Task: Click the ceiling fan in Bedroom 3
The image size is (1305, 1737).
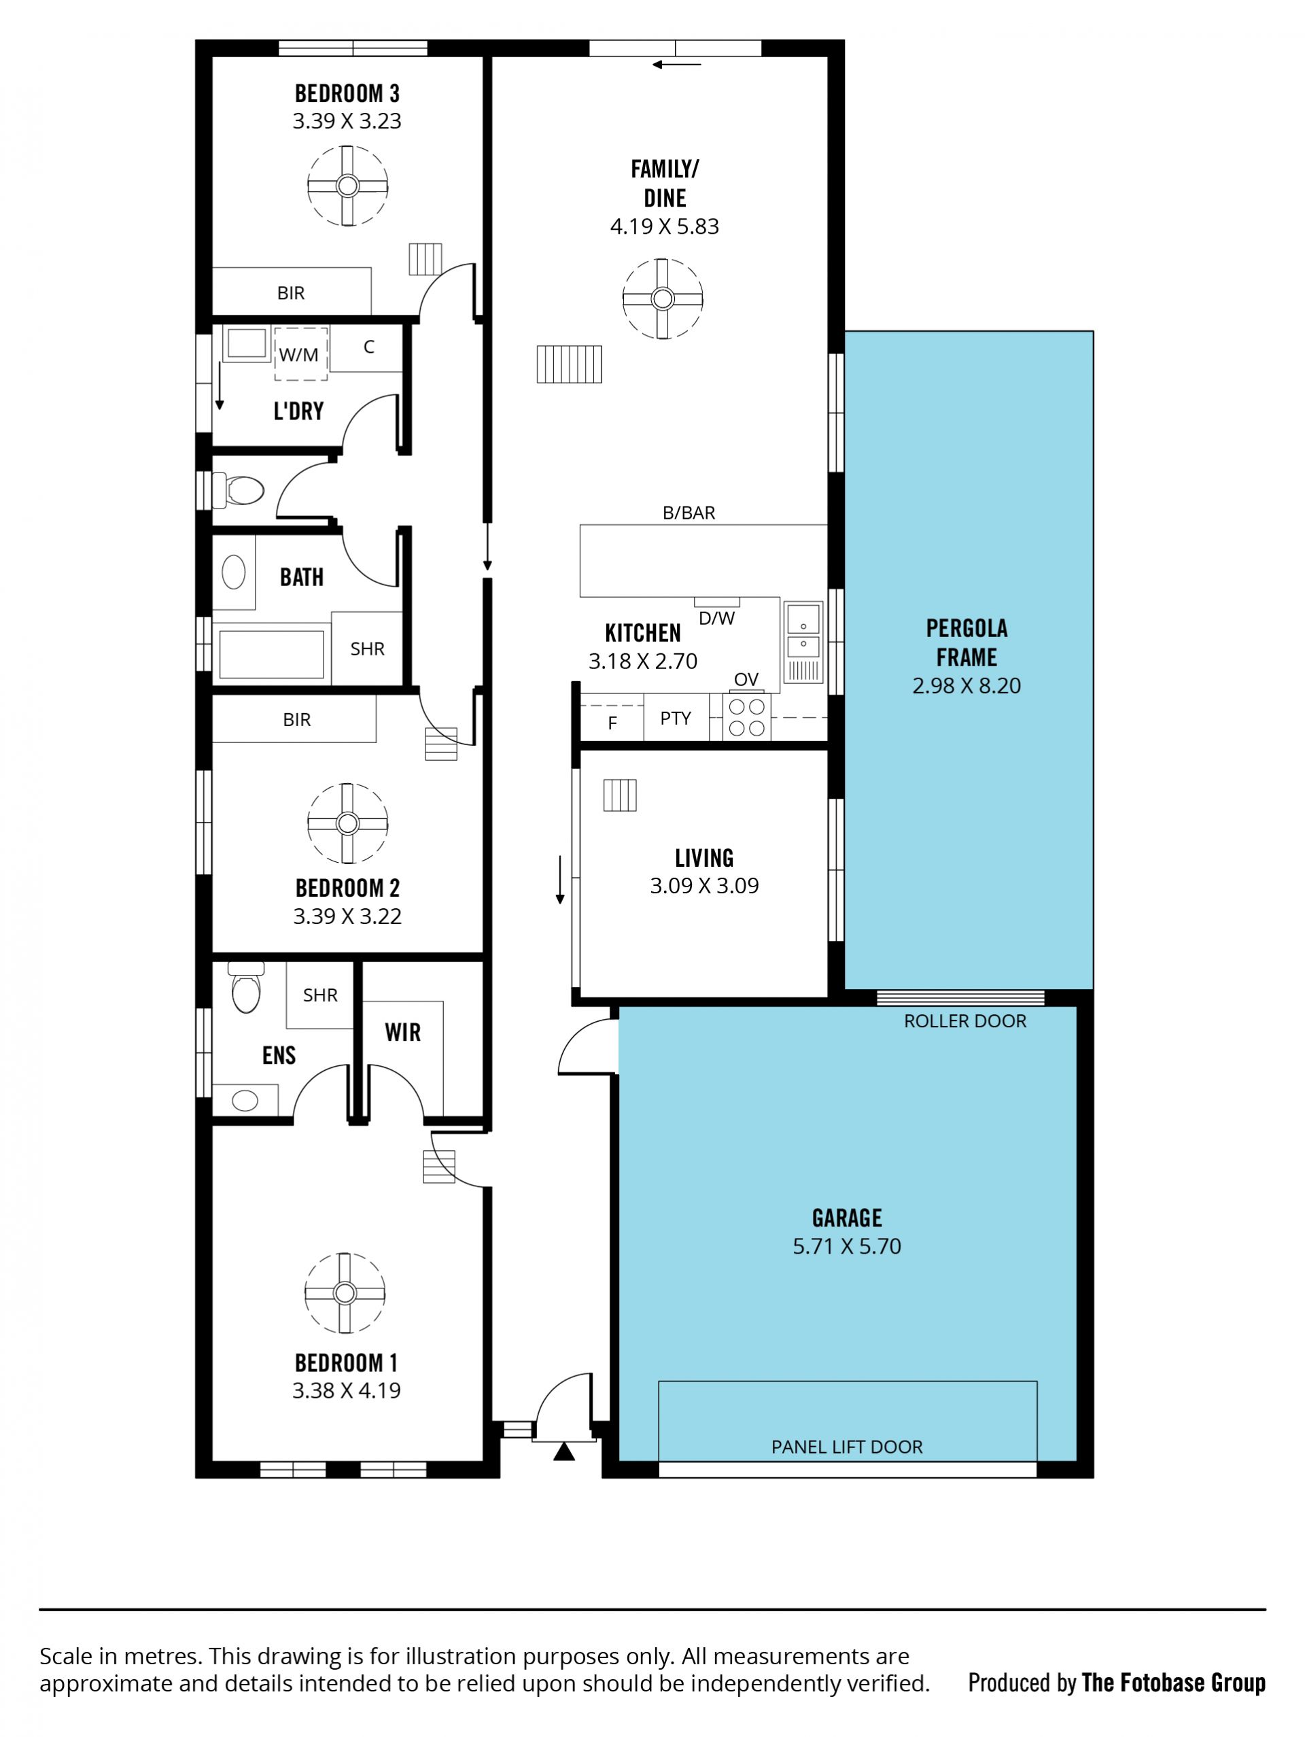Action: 347,186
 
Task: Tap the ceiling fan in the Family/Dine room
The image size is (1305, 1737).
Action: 663,299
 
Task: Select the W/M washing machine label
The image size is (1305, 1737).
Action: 299,355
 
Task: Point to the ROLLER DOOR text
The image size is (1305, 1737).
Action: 965,1021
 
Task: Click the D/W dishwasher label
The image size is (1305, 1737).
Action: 717,618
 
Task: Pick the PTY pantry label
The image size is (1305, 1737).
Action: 676,718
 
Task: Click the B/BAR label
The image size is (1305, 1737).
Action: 689,513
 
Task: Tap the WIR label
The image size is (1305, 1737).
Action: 403,1032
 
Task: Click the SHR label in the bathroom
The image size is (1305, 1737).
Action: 368,649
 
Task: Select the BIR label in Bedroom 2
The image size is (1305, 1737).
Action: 297,719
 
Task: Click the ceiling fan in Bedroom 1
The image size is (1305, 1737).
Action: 345,1292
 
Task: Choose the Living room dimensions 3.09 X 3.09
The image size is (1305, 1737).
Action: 704,886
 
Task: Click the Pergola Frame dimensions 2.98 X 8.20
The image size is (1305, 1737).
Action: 967,685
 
